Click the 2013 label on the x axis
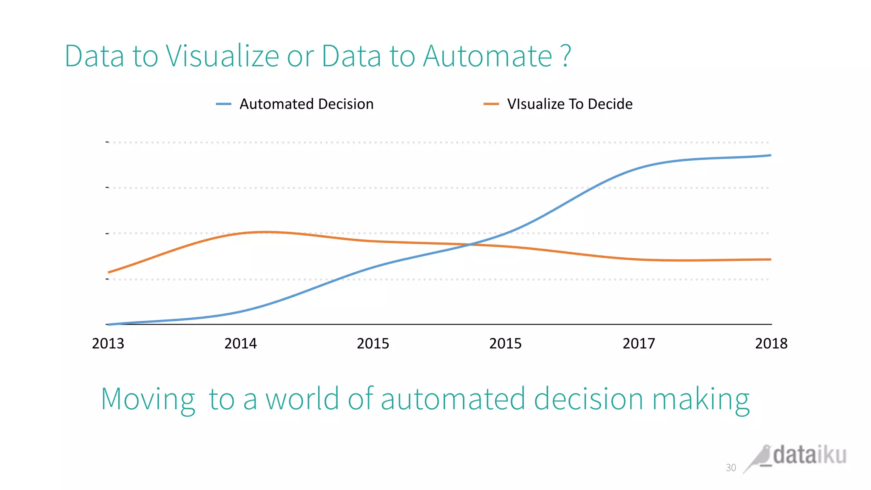coord(108,343)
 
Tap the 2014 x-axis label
coord(240,343)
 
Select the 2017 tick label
coord(638,343)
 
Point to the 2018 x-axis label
coord(771,343)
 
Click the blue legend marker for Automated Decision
coord(223,104)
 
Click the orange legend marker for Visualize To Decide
coord(491,104)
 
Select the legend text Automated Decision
coord(306,104)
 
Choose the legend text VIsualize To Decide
coord(569,104)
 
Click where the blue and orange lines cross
coord(470,245)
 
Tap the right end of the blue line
coord(770,155)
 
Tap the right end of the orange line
coord(770,259)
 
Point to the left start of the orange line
coord(109,272)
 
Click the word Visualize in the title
coord(222,56)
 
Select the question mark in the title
coord(566,56)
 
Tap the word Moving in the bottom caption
coord(148,400)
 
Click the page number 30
coord(730,467)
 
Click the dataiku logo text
coord(809,455)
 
